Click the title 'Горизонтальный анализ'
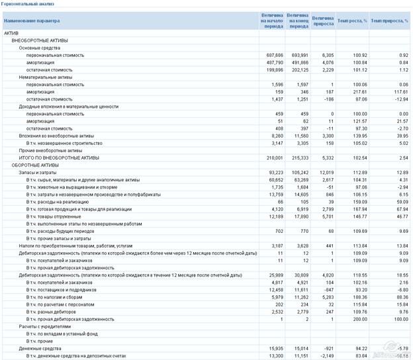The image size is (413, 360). coord(27,4)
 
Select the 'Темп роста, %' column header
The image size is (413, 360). coord(352,21)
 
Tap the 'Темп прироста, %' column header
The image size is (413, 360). coord(389,21)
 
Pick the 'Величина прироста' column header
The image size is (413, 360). coord(322,21)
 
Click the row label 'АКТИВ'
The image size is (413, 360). coord(11,33)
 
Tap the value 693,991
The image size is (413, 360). coord(299,56)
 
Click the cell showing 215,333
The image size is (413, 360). coord(299,157)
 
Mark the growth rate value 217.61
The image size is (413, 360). coord(357,92)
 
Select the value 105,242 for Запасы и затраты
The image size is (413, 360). coord(299,172)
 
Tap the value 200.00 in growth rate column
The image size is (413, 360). coord(357,319)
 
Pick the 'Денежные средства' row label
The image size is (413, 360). coord(40,348)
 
